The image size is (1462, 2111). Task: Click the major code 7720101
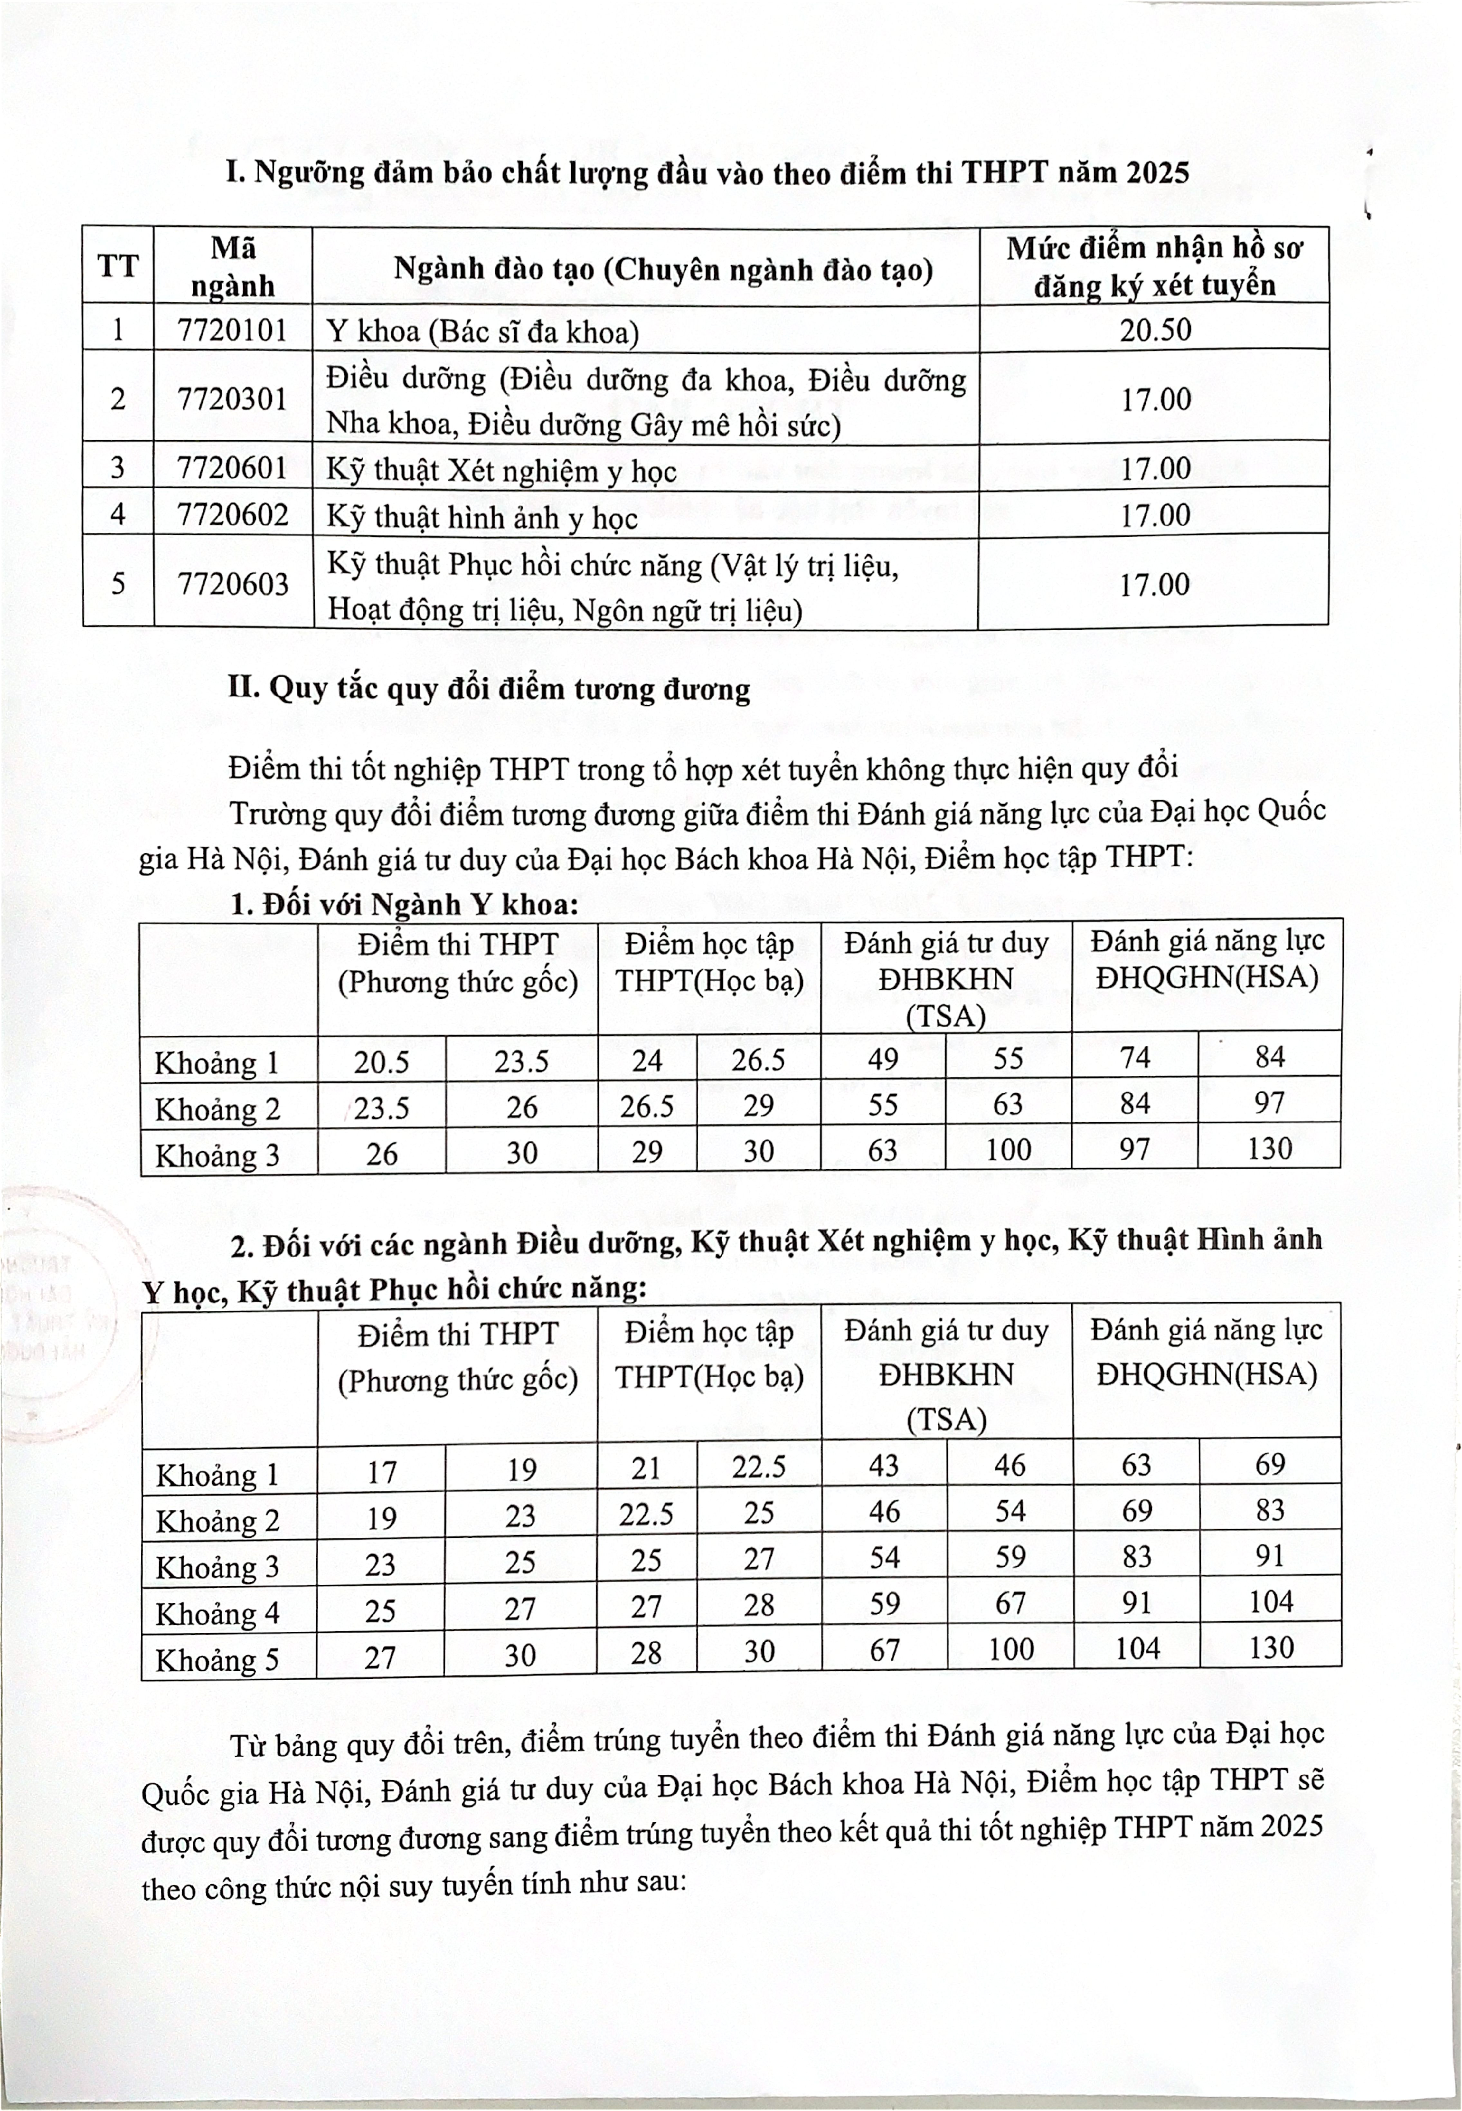(233, 329)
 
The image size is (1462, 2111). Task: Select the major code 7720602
(233, 514)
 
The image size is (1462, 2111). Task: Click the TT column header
(117, 267)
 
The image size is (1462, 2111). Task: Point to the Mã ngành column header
(233, 267)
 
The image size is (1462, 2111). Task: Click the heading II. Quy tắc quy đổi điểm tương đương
(489, 688)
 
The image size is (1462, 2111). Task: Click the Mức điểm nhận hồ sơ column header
(1154, 267)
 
